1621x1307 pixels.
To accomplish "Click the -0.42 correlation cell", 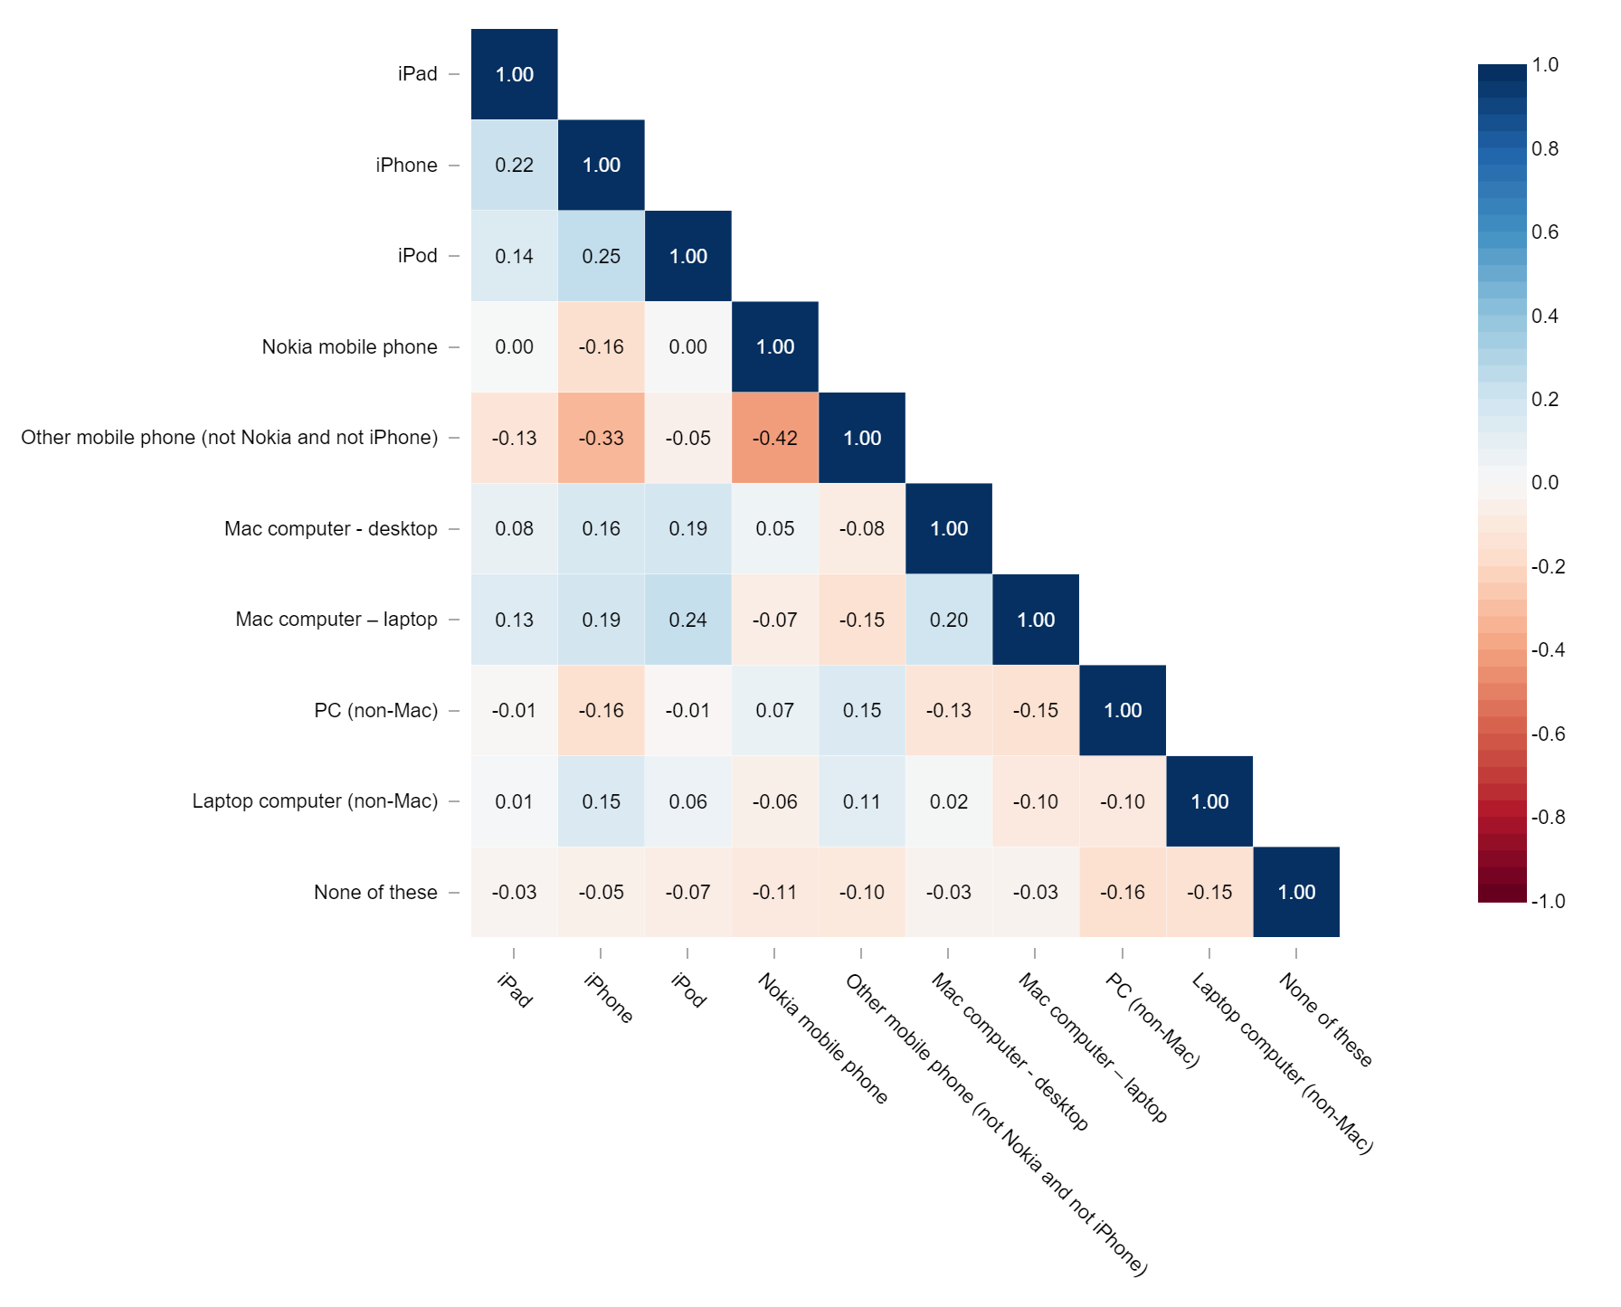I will [775, 438].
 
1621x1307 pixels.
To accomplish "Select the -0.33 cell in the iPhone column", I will [602, 438].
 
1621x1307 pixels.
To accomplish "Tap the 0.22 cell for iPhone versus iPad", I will [515, 165].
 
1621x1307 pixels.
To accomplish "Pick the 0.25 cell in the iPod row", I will [602, 256].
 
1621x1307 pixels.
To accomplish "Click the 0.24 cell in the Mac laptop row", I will [688, 620].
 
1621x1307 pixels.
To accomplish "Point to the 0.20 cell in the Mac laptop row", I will [949, 620].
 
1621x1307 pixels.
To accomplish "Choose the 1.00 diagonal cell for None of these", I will [1296, 892].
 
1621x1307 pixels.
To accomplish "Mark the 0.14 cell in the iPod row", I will [515, 256].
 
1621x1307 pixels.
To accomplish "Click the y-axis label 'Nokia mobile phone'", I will [349, 346].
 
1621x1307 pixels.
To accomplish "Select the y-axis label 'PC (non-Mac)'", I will [375, 710].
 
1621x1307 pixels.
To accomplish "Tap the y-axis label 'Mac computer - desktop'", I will [330, 528].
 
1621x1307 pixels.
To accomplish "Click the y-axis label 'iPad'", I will [417, 74].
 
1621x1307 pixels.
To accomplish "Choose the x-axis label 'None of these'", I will [1326, 1019].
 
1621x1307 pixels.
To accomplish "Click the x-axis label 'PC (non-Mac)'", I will [1152, 1020].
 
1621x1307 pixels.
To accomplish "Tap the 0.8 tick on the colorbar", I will [1545, 149].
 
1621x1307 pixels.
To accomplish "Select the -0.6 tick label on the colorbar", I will [1548, 734].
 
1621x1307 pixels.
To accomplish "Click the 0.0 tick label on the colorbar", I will [1545, 483].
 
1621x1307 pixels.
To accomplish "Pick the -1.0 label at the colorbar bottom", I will [1548, 901].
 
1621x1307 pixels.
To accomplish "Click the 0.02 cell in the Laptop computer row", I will [949, 801].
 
